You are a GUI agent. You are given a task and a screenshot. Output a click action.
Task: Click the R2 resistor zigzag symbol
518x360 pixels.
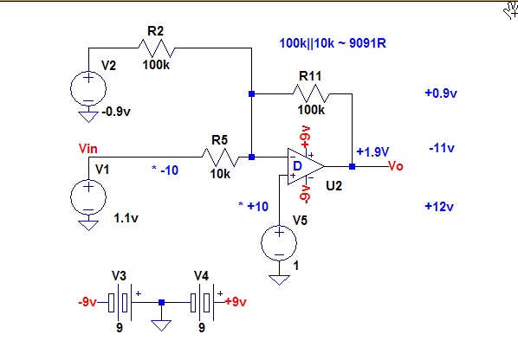click(x=157, y=48)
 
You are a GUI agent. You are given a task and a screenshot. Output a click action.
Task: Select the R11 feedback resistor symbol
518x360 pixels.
click(x=311, y=93)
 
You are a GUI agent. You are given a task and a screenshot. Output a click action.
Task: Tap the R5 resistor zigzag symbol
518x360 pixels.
click(x=220, y=157)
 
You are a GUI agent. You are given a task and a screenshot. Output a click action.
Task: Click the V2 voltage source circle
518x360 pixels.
click(x=88, y=88)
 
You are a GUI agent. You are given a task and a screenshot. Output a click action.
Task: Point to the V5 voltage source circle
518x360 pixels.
click(x=279, y=243)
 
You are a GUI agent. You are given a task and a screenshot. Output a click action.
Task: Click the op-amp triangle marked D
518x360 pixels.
click(x=306, y=166)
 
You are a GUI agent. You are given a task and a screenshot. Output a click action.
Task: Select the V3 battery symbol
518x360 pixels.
click(x=120, y=302)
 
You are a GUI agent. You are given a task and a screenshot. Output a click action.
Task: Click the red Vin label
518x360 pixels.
click(x=88, y=149)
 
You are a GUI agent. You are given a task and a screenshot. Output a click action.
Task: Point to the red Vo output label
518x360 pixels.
click(x=396, y=165)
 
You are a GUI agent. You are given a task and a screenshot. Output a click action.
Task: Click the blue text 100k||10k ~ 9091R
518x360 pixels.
click(x=333, y=43)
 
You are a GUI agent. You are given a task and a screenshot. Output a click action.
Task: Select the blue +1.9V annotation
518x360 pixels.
click(x=373, y=151)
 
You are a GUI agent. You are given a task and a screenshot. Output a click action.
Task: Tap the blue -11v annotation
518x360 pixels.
click(x=442, y=148)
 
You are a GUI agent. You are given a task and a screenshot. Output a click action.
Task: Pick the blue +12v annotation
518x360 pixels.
click(x=439, y=207)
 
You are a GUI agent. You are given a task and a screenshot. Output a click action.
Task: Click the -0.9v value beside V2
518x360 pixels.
click(x=116, y=112)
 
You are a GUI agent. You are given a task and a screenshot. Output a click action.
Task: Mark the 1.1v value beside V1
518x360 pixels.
click(x=126, y=218)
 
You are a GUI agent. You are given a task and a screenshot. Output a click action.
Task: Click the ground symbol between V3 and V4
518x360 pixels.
click(x=161, y=325)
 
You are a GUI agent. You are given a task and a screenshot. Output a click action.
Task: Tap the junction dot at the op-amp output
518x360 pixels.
click(x=353, y=166)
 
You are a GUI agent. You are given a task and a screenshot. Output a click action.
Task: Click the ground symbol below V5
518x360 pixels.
click(x=279, y=280)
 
